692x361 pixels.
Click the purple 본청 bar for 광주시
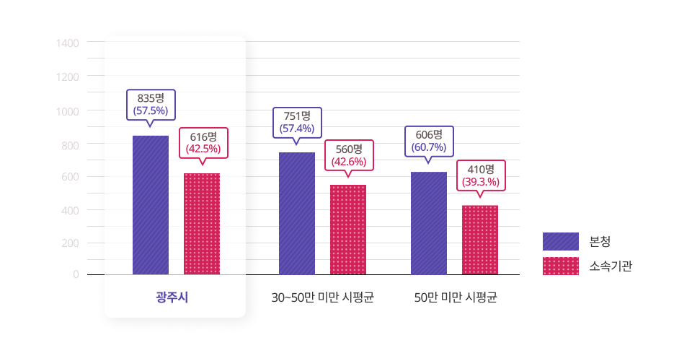click(x=151, y=205)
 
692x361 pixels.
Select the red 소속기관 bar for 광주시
click(x=202, y=224)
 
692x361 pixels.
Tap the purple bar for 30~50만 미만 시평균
click(x=297, y=214)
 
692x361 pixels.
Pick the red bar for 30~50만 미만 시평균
click(x=348, y=230)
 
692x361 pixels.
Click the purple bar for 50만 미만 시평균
click(x=429, y=223)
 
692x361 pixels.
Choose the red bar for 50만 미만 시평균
click(x=480, y=240)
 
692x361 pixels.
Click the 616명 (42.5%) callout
click(x=203, y=143)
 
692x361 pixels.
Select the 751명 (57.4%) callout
click(x=296, y=123)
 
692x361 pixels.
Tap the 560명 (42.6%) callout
click(x=349, y=155)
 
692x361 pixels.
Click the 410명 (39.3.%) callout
click(x=480, y=175)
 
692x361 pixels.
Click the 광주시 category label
click(x=172, y=297)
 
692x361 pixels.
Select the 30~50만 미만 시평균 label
click(x=323, y=297)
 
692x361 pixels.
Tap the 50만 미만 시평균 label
click(x=456, y=297)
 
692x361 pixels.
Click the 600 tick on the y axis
click(x=70, y=177)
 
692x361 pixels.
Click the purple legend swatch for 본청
click(x=561, y=241)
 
